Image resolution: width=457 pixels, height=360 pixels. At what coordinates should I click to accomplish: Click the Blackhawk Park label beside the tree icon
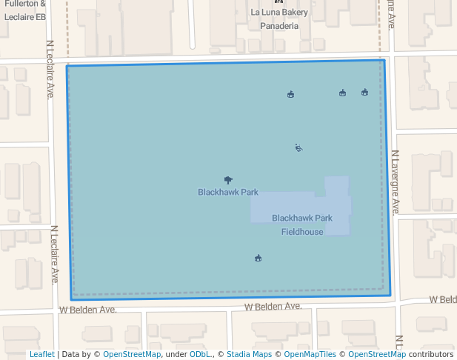228,192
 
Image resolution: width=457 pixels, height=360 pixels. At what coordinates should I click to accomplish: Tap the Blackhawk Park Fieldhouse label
302,224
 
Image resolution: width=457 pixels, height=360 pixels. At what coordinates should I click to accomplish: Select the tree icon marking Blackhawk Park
228,180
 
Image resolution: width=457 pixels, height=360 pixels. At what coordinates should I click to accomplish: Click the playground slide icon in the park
298,147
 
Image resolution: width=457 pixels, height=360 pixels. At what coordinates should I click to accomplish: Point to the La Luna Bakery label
279,13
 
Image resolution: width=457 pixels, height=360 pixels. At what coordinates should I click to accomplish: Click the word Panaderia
279,26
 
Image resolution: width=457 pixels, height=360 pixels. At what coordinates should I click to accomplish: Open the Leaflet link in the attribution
41,354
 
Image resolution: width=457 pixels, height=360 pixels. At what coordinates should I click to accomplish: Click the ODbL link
199,354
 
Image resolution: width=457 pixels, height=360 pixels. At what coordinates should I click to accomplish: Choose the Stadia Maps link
249,354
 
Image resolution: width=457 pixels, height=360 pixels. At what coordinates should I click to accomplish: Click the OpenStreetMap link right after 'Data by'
132,354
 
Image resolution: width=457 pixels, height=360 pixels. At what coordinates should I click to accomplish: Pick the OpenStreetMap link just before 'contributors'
377,354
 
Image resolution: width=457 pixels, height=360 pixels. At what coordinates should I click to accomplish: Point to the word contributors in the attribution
431,354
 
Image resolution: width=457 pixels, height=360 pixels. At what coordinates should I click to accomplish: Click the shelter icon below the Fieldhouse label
258,258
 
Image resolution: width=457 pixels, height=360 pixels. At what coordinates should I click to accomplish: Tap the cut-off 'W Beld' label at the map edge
443,299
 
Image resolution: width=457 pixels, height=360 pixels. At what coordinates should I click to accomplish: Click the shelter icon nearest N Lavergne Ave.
364,92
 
